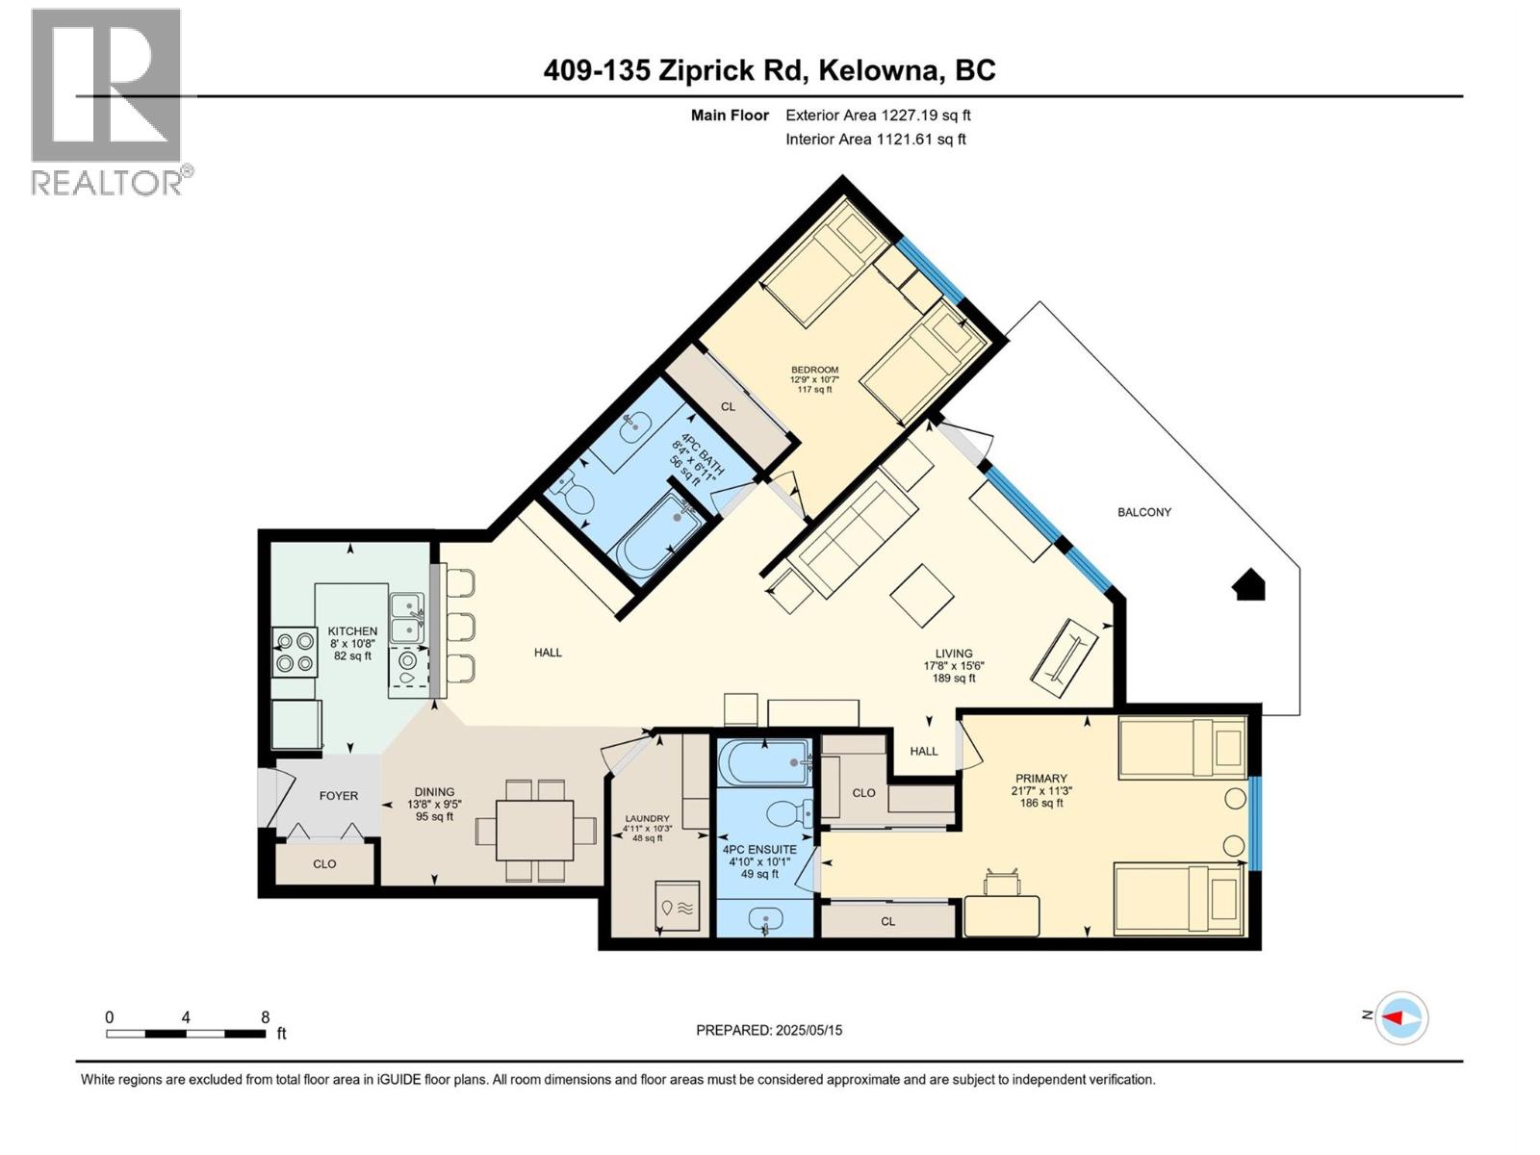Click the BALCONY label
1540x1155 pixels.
pos(1143,512)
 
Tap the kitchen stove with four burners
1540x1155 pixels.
pos(295,651)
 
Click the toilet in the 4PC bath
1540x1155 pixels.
pos(577,497)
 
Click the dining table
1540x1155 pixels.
pos(534,830)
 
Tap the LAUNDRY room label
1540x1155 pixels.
pos(645,818)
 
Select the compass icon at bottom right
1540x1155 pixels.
pos(1402,1017)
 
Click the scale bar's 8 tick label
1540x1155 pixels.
pos(265,1017)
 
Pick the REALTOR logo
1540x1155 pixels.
pos(107,101)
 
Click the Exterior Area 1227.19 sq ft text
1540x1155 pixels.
pos(877,115)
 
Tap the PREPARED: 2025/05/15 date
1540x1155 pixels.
pos(769,1030)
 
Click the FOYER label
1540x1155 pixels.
pos(338,796)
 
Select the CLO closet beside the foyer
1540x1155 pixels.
pos(324,863)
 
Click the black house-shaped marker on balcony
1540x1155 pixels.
pos(1249,585)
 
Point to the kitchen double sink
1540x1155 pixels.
pos(407,616)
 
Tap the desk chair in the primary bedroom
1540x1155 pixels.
pos(1002,883)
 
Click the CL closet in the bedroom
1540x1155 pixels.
pos(728,407)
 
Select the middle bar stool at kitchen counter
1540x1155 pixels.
pos(461,626)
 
